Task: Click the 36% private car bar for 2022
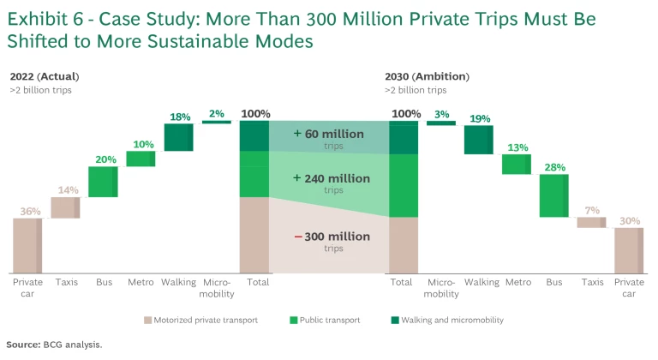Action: [27, 245]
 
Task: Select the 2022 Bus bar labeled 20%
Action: [103, 182]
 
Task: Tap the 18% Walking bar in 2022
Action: [179, 137]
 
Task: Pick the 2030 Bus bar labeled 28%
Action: [554, 195]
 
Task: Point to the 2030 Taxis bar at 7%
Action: [591, 222]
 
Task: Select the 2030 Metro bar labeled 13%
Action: [517, 164]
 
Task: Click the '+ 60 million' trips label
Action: [321, 135]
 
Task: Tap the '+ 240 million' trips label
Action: [321, 179]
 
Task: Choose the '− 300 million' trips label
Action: [321, 237]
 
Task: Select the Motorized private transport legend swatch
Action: [147, 320]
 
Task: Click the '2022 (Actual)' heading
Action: [42, 76]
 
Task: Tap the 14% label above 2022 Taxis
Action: [66, 189]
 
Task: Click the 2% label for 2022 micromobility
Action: [217, 113]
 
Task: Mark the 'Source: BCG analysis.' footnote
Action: [53, 345]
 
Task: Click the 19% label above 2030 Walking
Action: [480, 118]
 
